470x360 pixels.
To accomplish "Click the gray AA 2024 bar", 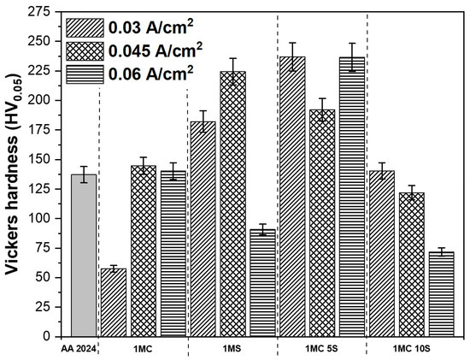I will coord(83,256).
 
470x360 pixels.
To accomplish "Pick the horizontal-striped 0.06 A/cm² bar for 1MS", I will coord(261,283).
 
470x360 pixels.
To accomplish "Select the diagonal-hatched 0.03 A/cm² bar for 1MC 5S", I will coord(291,197).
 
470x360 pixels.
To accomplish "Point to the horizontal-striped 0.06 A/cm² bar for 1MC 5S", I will coord(351,197).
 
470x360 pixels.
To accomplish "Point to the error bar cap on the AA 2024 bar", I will coord(83,167).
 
